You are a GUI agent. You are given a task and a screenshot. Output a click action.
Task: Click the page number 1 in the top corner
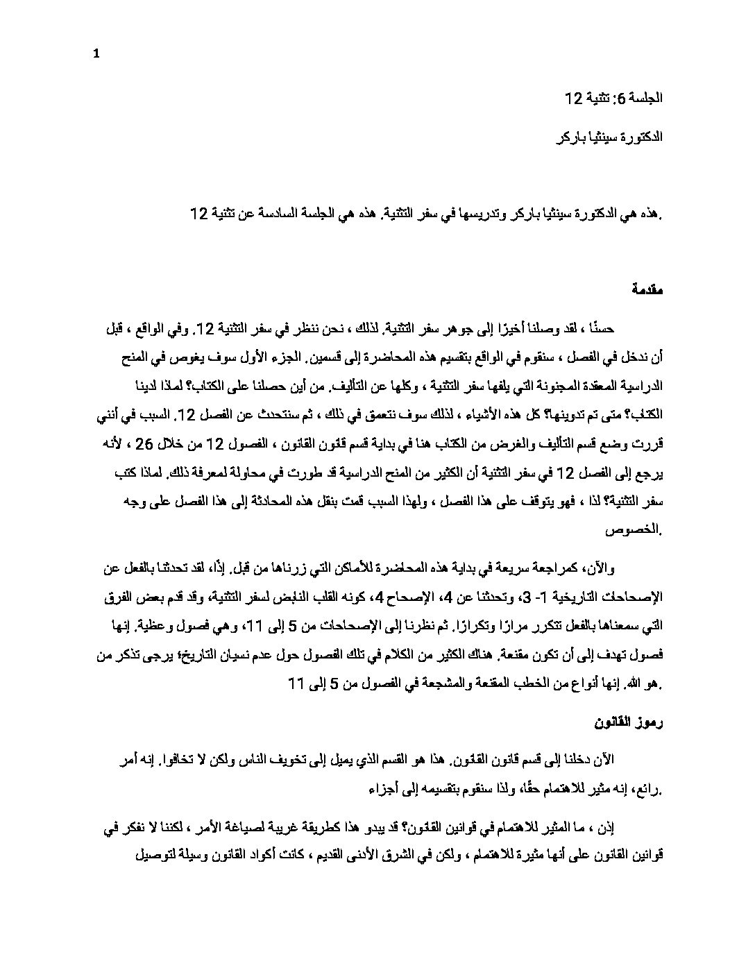[x=96, y=55]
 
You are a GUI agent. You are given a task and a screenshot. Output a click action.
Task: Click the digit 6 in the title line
[x=622, y=99]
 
